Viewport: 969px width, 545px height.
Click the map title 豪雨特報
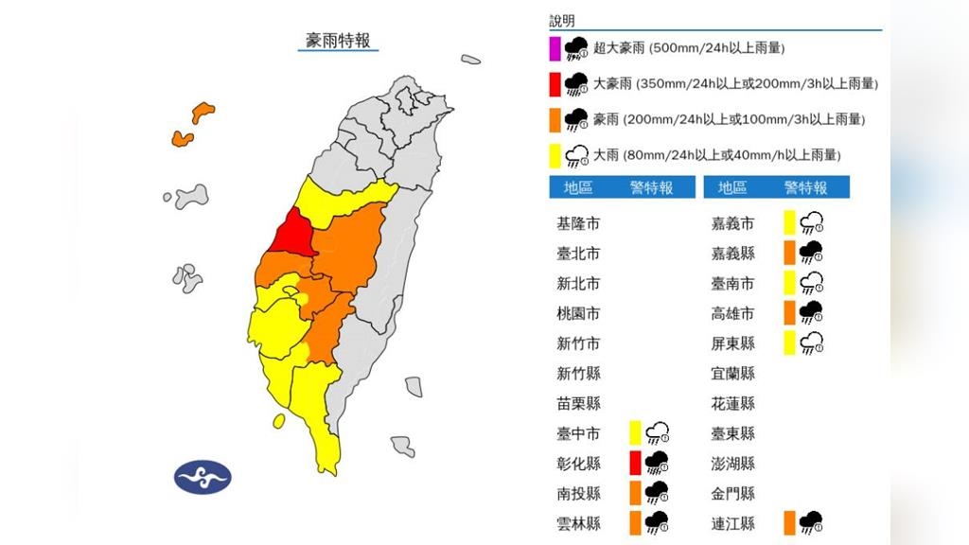tap(338, 40)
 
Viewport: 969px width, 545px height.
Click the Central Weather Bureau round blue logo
tap(203, 477)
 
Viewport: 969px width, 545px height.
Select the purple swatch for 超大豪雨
tap(555, 48)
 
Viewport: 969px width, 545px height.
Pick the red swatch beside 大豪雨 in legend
tap(555, 84)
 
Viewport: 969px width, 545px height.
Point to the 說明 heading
tap(562, 21)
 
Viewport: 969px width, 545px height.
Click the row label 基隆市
tap(578, 224)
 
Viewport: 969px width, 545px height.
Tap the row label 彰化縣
tap(578, 463)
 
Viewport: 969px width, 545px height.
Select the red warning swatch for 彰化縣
tap(635, 463)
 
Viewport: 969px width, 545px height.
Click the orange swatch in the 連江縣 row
tap(789, 522)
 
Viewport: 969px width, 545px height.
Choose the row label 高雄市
tap(732, 313)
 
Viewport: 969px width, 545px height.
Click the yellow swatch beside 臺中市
tap(635, 432)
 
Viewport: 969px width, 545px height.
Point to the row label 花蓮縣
tap(732, 403)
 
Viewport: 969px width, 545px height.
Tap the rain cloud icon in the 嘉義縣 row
tap(811, 253)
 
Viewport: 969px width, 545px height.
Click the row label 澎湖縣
tap(732, 463)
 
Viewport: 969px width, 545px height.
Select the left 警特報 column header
tap(651, 187)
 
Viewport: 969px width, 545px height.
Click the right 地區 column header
tap(732, 187)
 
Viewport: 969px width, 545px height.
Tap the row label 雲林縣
tap(578, 522)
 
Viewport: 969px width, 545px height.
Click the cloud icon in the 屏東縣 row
tap(811, 343)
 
